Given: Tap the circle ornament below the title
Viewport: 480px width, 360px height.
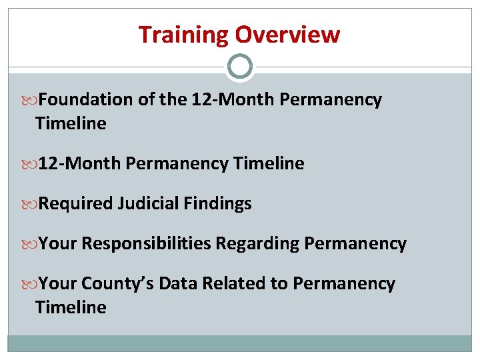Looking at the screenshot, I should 240,67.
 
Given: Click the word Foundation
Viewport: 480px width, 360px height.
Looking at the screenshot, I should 86,100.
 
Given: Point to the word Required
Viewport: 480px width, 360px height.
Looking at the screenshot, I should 75,203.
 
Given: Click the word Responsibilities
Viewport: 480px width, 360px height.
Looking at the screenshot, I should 146,243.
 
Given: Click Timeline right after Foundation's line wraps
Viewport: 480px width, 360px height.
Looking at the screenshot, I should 71,123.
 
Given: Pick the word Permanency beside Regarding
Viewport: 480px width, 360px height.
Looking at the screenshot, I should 355,243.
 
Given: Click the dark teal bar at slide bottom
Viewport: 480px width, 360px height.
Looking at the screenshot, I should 240,343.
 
